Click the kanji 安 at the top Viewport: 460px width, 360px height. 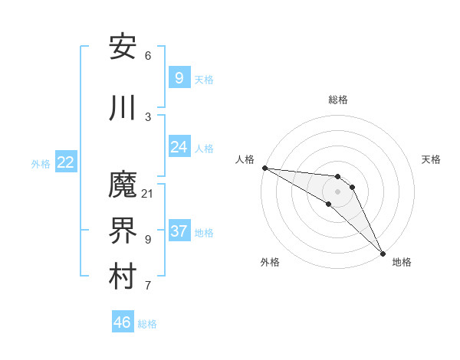coord(123,47)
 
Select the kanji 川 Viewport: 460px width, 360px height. coord(123,108)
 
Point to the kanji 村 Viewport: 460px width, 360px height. coord(123,277)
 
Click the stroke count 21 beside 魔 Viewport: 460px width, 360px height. coord(148,193)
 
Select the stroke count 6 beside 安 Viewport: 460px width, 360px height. coord(148,56)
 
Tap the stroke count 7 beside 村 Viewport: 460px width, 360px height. coord(148,286)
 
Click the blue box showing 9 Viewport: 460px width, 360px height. coord(179,78)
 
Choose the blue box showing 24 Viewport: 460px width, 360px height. coord(179,147)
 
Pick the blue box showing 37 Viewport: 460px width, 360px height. coord(179,231)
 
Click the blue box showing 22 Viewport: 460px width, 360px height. coord(66,162)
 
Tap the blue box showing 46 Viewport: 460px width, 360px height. coord(123,322)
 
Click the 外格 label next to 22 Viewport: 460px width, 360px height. coord(41,163)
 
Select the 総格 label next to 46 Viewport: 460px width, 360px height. coord(147,324)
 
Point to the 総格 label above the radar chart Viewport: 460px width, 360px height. coord(338,100)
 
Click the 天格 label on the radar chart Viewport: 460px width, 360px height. coord(431,159)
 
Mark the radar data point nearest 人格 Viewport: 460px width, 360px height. coord(264,168)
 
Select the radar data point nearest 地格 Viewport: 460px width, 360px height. coord(383,253)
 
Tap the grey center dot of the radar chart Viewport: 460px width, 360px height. coord(338,191)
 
